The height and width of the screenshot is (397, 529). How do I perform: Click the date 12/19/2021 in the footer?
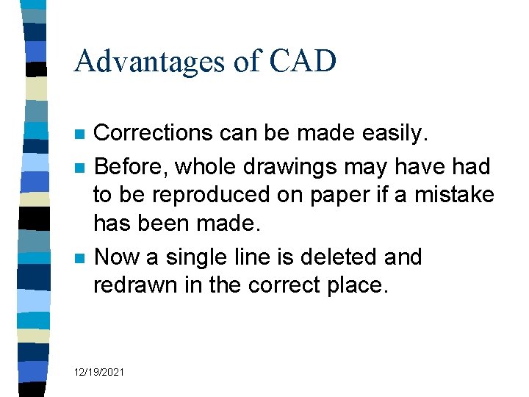click(99, 373)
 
